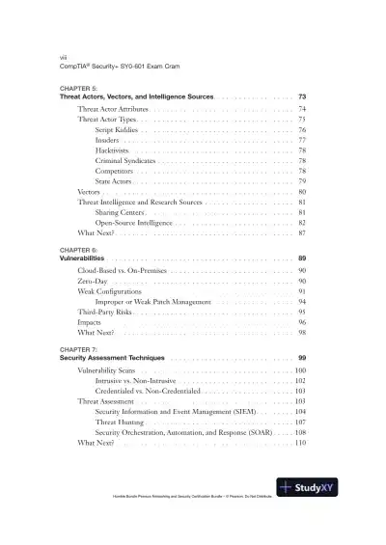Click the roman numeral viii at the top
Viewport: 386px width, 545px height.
(63, 57)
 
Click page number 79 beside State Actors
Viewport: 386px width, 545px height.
(302, 182)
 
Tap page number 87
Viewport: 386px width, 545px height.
(302, 234)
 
